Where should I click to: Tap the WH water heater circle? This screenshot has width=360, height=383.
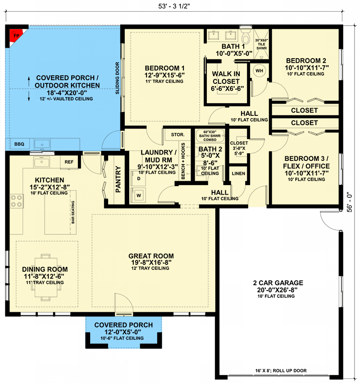[260, 70]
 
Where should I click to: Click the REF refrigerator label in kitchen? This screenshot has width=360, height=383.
[69, 162]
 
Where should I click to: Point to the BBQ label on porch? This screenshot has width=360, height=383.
[19, 144]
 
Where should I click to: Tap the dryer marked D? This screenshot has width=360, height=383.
[138, 179]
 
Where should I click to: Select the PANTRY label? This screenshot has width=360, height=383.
[118, 179]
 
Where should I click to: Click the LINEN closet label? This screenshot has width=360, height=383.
[238, 173]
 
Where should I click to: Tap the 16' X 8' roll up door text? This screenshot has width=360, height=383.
[281, 371]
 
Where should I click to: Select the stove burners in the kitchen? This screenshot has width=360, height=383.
[17, 201]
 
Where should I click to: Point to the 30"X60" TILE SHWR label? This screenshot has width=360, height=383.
[261, 45]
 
